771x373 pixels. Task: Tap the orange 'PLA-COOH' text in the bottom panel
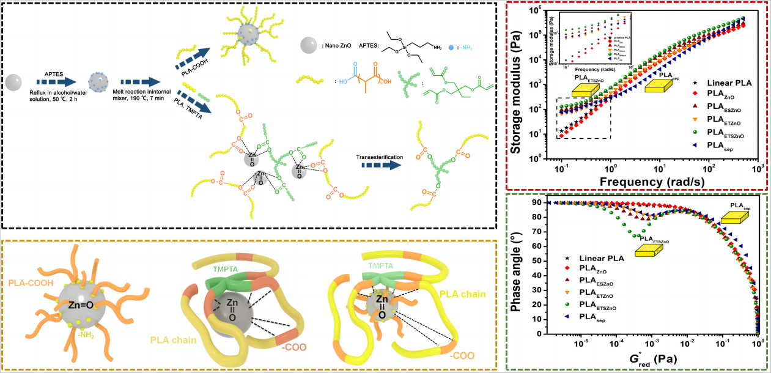click(31, 265)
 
